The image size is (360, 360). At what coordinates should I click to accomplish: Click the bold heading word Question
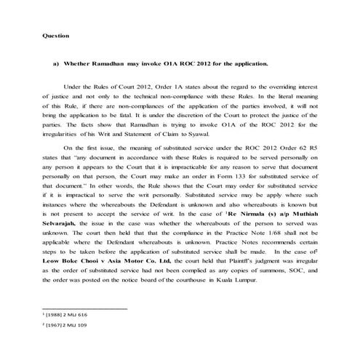(55, 34)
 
